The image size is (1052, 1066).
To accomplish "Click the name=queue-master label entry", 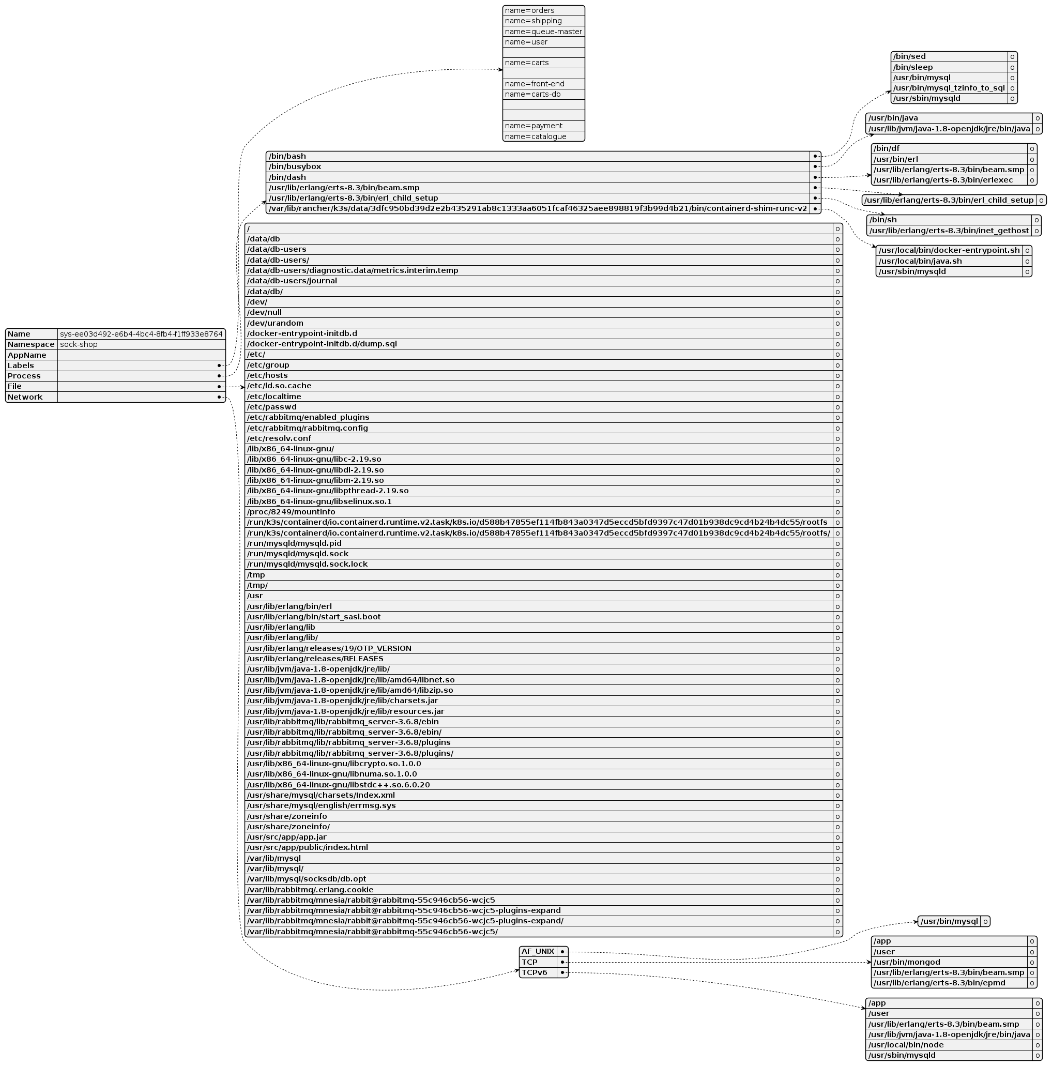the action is point(543,32).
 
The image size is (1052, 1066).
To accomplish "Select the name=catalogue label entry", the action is point(535,136).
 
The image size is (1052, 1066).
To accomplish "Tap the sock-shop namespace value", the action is point(79,344).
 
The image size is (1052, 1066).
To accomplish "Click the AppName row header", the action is point(27,355).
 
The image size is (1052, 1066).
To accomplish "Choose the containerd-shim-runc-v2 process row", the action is point(537,208).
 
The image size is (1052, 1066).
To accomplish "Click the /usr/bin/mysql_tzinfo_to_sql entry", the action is point(948,88).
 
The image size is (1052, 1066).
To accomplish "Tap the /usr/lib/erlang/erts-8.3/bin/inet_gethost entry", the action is point(948,230).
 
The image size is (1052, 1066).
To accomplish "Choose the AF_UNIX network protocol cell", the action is point(537,951).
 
